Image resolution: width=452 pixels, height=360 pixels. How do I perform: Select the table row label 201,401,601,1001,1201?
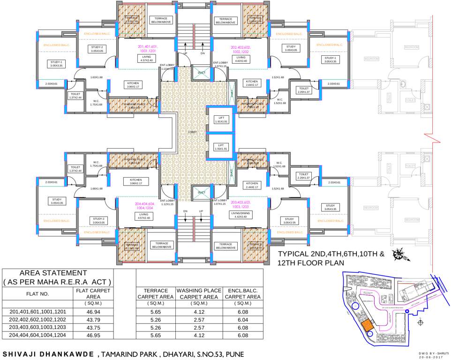pos(38,311)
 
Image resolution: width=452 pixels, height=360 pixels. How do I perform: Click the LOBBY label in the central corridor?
pos(192,132)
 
